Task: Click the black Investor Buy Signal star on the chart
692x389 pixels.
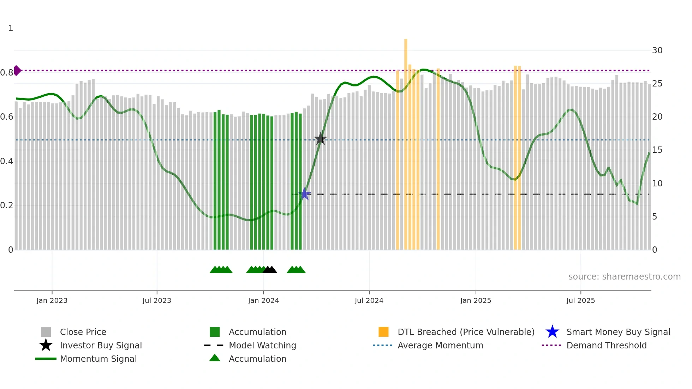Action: coord(320,139)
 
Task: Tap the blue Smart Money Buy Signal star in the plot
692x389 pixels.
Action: coord(305,194)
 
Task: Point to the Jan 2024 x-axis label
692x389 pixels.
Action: coord(263,300)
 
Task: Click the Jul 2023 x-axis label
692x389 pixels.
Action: coord(157,300)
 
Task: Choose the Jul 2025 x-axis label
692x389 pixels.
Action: coord(580,300)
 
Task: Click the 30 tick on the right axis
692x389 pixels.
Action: coord(657,50)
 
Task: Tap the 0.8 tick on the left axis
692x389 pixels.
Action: coord(7,73)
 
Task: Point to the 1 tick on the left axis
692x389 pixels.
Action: coord(11,28)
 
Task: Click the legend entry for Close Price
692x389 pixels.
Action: coord(83,332)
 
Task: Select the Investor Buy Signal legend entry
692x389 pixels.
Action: coord(101,345)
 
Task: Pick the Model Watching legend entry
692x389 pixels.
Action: coord(262,345)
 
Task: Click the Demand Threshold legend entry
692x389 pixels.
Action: coord(606,345)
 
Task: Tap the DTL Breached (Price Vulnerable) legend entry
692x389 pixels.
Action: coord(466,332)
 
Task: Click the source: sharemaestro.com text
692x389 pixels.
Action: coord(624,277)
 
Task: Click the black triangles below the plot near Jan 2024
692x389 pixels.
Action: coord(270,270)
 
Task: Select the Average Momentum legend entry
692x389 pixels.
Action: coord(440,345)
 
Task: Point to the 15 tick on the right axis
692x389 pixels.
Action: coord(657,150)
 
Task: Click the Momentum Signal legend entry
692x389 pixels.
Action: coord(98,359)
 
